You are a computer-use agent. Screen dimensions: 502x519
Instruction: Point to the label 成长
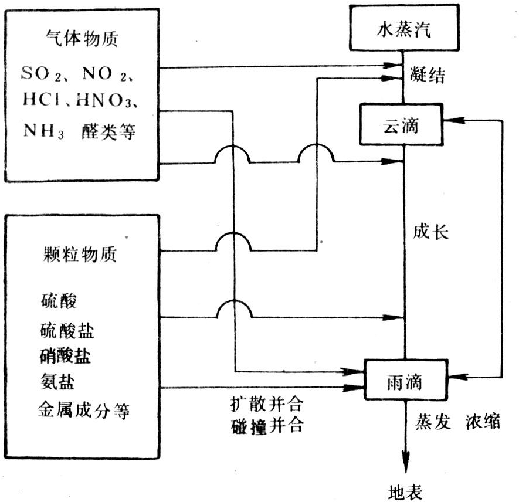click(x=430, y=233)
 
